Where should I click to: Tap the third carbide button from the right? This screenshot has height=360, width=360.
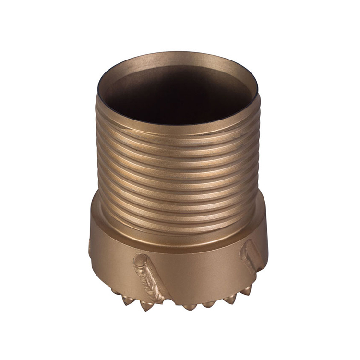point(210,304)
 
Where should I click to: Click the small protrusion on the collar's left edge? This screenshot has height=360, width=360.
point(90,247)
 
